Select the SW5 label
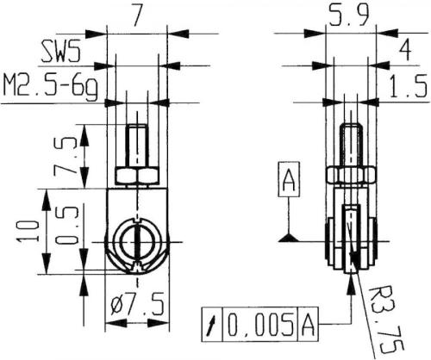coord(63,53)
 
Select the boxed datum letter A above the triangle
coord(290,182)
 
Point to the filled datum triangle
coord(290,236)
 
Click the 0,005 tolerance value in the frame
coord(260,326)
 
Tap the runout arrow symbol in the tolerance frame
coord(210,326)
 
